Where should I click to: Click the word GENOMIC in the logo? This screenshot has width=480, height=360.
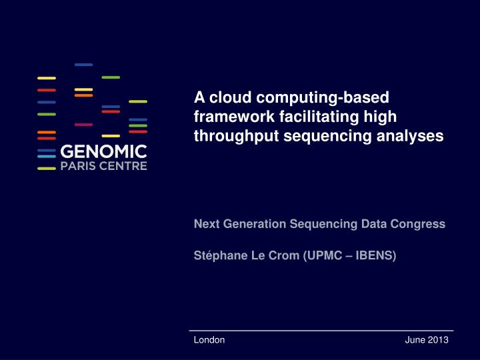(103, 152)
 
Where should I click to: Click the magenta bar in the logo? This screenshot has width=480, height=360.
(83, 125)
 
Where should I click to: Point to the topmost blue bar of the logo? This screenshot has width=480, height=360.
(83, 65)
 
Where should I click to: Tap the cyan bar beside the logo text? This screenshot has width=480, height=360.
(46, 156)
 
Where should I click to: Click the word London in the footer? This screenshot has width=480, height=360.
(209, 340)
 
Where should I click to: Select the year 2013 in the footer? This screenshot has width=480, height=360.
(438, 340)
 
